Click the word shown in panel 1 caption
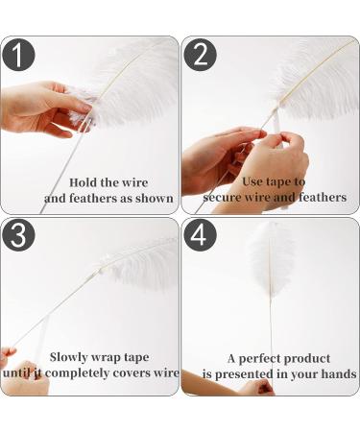tap(156, 199)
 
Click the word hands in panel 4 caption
tap(337, 373)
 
